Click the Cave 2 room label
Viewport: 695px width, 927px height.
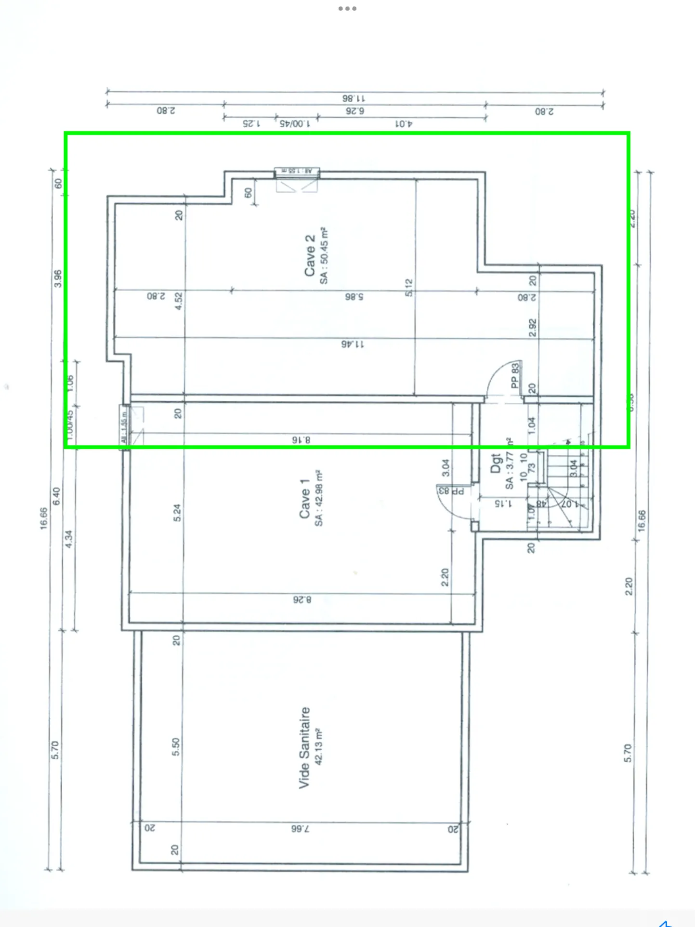tap(310, 255)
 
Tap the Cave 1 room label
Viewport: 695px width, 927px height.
tap(304, 499)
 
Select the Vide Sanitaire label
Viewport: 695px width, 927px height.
tap(304, 747)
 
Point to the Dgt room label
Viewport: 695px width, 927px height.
tap(496, 463)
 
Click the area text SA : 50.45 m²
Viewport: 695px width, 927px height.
tap(324, 255)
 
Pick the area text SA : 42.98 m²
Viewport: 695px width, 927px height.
tap(319, 499)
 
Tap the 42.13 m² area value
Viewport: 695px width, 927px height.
tap(318, 747)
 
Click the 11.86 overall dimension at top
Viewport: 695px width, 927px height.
tap(354, 98)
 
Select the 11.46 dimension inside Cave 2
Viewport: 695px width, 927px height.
tap(353, 344)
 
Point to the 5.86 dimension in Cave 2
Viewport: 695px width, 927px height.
tap(354, 297)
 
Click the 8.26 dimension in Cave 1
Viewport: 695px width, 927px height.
tap(302, 599)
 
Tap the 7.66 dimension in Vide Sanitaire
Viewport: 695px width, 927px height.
tap(300, 829)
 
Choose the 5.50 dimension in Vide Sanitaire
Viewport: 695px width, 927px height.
tap(176, 746)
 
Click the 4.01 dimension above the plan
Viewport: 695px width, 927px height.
tap(404, 124)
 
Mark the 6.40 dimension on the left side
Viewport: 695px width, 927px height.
tap(56, 496)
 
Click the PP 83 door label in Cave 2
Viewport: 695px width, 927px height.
tap(515, 375)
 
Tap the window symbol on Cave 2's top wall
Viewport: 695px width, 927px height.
tap(297, 172)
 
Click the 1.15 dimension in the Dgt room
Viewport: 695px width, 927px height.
tap(503, 503)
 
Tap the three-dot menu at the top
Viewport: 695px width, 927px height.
tap(347, 9)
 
